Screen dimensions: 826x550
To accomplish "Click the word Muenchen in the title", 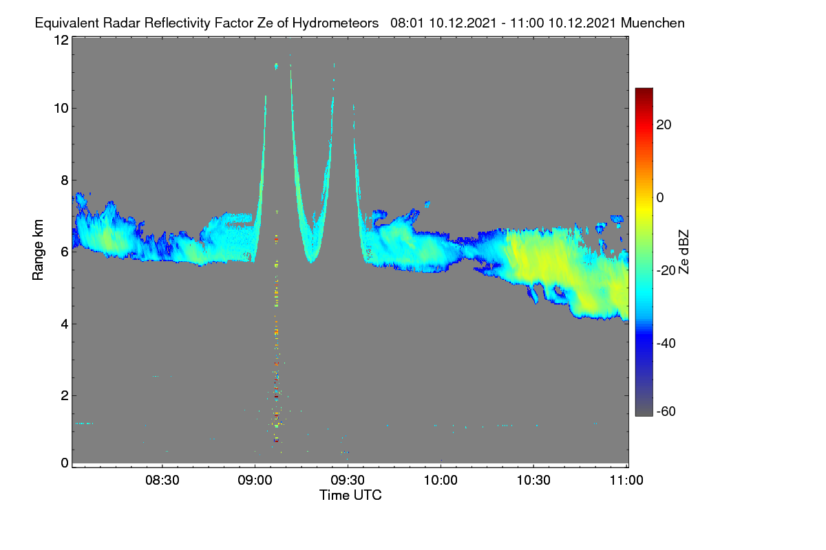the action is [653, 23].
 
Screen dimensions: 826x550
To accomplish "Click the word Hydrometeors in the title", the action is [335, 23].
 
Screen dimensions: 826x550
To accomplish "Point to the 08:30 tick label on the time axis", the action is [162, 481].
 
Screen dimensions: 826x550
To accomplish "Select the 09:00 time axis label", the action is [255, 481].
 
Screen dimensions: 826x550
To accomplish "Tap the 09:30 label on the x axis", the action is [348, 481].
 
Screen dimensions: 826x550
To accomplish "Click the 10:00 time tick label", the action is [441, 481].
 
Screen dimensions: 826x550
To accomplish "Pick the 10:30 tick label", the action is [533, 481].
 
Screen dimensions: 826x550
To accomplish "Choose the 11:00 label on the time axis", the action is [626, 481].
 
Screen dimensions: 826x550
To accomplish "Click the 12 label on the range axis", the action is [61, 40].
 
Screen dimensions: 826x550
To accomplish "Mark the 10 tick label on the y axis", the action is [61, 109].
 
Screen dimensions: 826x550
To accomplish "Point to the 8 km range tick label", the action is [65, 181].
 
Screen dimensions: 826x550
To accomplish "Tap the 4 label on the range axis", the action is [65, 324].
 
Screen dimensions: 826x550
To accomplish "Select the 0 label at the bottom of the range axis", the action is [65, 463].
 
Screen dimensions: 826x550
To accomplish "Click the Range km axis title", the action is [38, 250].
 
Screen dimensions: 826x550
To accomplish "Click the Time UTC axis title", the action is [350, 496].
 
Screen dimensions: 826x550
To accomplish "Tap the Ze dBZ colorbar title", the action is [684, 252].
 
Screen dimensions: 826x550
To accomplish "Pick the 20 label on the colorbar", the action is [664, 125].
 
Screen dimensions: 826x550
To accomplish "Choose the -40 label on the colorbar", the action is [666, 343].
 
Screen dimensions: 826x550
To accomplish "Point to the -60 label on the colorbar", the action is [666, 412].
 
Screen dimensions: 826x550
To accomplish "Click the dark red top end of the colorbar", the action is [644, 90].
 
